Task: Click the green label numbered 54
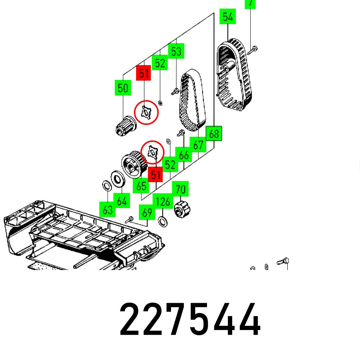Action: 228,17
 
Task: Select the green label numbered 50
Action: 123,88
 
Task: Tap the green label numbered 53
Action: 176,51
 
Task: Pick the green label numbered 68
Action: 214,134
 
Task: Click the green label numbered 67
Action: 198,145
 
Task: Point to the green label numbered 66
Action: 184,155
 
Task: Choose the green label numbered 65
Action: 141,186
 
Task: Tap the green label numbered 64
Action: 122,201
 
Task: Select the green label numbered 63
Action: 108,210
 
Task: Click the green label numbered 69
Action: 147,212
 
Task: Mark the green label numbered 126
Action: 163,201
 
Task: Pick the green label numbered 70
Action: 180,189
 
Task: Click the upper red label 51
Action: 144,73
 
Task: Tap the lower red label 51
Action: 156,175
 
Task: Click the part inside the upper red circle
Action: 146,113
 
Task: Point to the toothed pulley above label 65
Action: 132,164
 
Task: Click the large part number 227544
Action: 190,320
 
